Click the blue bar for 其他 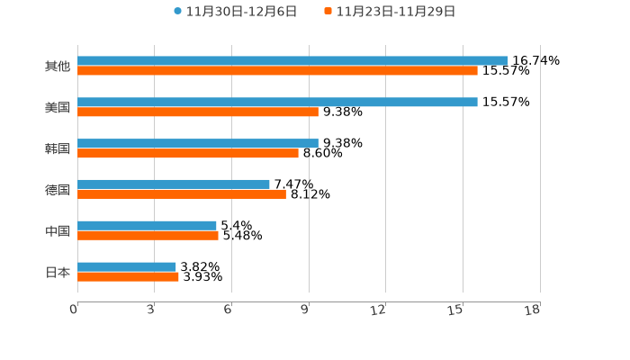coord(292,61)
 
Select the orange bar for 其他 coord(277,71)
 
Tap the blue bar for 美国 coord(277,103)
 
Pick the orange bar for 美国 coord(198,112)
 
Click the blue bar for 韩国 coord(198,143)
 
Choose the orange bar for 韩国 coord(188,154)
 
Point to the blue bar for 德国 coord(174,184)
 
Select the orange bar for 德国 coord(182,194)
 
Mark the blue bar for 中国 coord(147,226)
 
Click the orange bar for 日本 coord(128,277)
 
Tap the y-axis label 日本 coord(58,272)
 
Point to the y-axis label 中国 coord(58,231)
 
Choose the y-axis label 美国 coord(58,108)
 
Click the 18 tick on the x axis coord(533,310)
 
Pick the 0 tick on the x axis coord(74,310)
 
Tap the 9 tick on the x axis coord(304,310)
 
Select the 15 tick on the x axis coord(456,310)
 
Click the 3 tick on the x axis coord(150,310)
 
